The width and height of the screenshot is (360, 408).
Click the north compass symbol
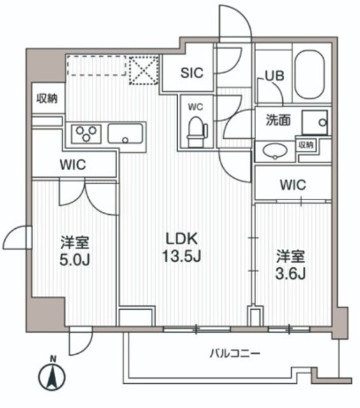pyautogui.click(x=53, y=376)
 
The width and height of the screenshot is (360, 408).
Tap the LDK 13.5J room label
pyautogui.click(x=183, y=247)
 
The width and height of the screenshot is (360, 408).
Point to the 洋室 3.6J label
pyautogui.click(x=290, y=265)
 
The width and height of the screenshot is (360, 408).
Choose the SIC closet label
pyautogui.click(x=192, y=73)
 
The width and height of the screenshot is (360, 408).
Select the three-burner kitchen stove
pyautogui.click(x=87, y=134)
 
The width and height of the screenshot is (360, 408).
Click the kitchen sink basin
pyautogui.click(x=126, y=134)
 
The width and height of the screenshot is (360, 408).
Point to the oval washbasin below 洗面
pyautogui.click(x=275, y=151)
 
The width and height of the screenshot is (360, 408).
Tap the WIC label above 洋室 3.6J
pyautogui.click(x=293, y=185)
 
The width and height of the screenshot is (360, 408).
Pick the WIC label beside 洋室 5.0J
pyautogui.click(x=73, y=164)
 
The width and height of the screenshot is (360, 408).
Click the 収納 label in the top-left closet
pyautogui.click(x=47, y=98)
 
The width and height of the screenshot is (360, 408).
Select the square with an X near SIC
pyautogui.click(x=143, y=70)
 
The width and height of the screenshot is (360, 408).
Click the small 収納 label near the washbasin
pyautogui.click(x=306, y=145)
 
